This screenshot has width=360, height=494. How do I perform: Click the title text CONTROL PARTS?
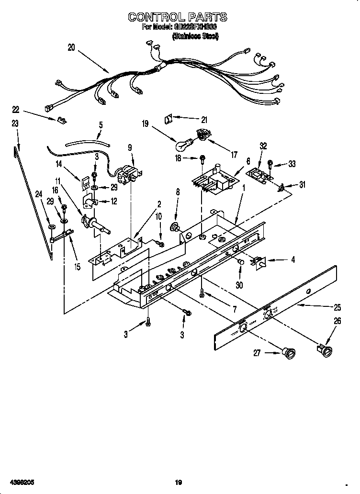coord(177,17)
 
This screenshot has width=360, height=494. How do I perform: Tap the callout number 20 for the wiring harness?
coord(71,47)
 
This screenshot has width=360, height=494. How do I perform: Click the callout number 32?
coord(263,147)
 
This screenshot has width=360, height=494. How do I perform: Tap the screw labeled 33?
coord(270,164)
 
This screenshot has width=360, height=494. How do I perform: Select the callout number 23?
coord(15,123)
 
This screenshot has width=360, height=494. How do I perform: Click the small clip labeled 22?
coord(61,120)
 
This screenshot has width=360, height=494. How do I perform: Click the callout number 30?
coord(239,284)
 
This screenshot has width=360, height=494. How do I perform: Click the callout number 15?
coord(77,266)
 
